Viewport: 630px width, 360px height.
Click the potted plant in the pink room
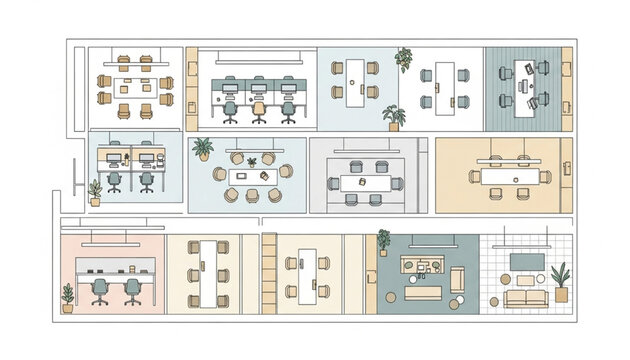pos(67,297)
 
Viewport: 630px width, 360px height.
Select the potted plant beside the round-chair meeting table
pos(203,149)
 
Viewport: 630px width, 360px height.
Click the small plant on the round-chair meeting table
pos(252,161)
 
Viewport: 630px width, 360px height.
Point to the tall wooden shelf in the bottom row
pos(268,272)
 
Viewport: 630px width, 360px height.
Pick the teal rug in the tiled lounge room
pos(527,261)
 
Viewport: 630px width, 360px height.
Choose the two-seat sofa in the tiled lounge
pos(524,296)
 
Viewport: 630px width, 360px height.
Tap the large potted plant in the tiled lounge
pos(561,281)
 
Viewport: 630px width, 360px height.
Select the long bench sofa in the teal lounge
pos(422,293)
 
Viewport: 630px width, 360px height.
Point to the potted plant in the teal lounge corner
pos(383,241)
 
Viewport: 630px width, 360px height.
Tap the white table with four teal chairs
pos(441,85)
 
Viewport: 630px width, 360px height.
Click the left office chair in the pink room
pos(100,290)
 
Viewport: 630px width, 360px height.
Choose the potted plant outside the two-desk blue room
pos(95,192)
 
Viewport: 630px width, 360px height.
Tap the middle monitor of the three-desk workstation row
pos(259,85)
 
